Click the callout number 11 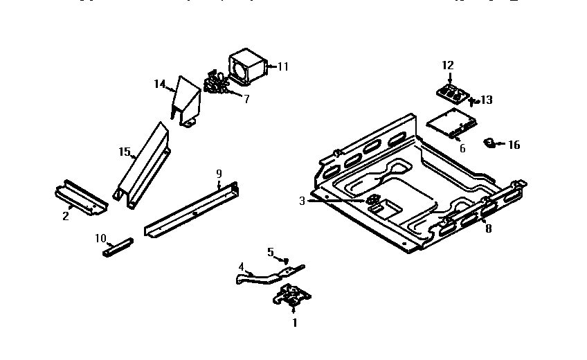282,66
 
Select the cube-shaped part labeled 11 247,66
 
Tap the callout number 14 160,84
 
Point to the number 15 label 125,152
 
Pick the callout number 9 219,172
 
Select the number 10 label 101,238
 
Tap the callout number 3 302,201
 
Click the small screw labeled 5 286,260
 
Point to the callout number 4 241,267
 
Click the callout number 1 294,322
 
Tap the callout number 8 488,228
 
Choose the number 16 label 514,145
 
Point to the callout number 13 487,100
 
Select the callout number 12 448,65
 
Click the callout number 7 246,98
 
